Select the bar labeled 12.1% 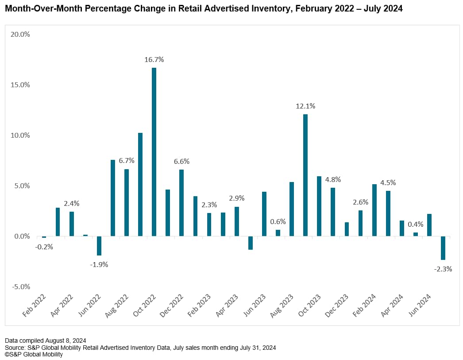(x=305, y=175)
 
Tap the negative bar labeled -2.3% (x=443, y=248)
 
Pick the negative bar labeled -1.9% (x=99, y=246)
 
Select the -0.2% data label (x=44, y=247)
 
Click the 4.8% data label (x=332, y=180)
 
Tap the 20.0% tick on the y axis (x=19, y=35)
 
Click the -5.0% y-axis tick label (x=19, y=286)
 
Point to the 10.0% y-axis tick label (x=19, y=135)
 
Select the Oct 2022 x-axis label (x=145, y=305)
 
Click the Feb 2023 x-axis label (x=200, y=305)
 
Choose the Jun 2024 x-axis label (x=419, y=305)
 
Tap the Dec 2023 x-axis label (x=337, y=305)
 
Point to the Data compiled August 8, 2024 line (x=46, y=341)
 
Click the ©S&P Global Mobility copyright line (x=34, y=354)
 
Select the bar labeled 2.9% (x=237, y=221)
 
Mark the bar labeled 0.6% (x=278, y=233)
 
